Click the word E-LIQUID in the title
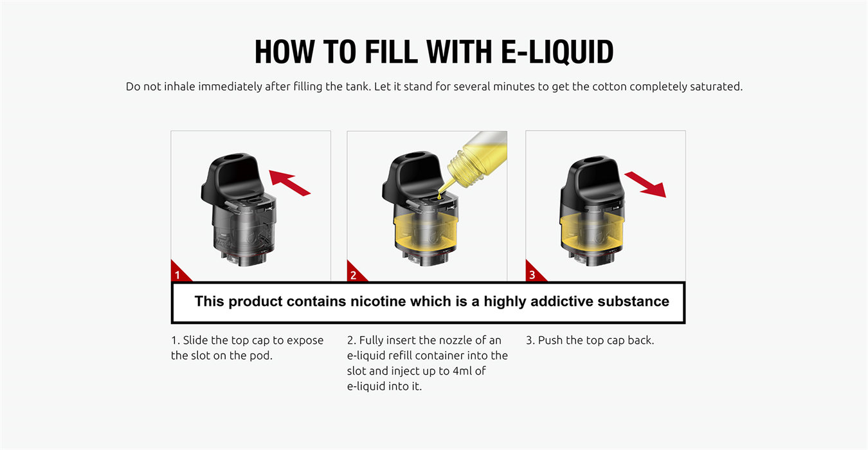pyautogui.click(x=557, y=52)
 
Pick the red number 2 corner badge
pyautogui.click(x=355, y=274)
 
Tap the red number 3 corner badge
pyautogui.click(x=533, y=274)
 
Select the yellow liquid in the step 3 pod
pyautogui.click(x=591, y=232)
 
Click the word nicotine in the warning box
pyautogui.click(x=375, y=301)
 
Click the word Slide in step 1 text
pyautogui.click(x=198, y=340)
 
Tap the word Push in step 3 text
pyautogui.click(x=551, y=340)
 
